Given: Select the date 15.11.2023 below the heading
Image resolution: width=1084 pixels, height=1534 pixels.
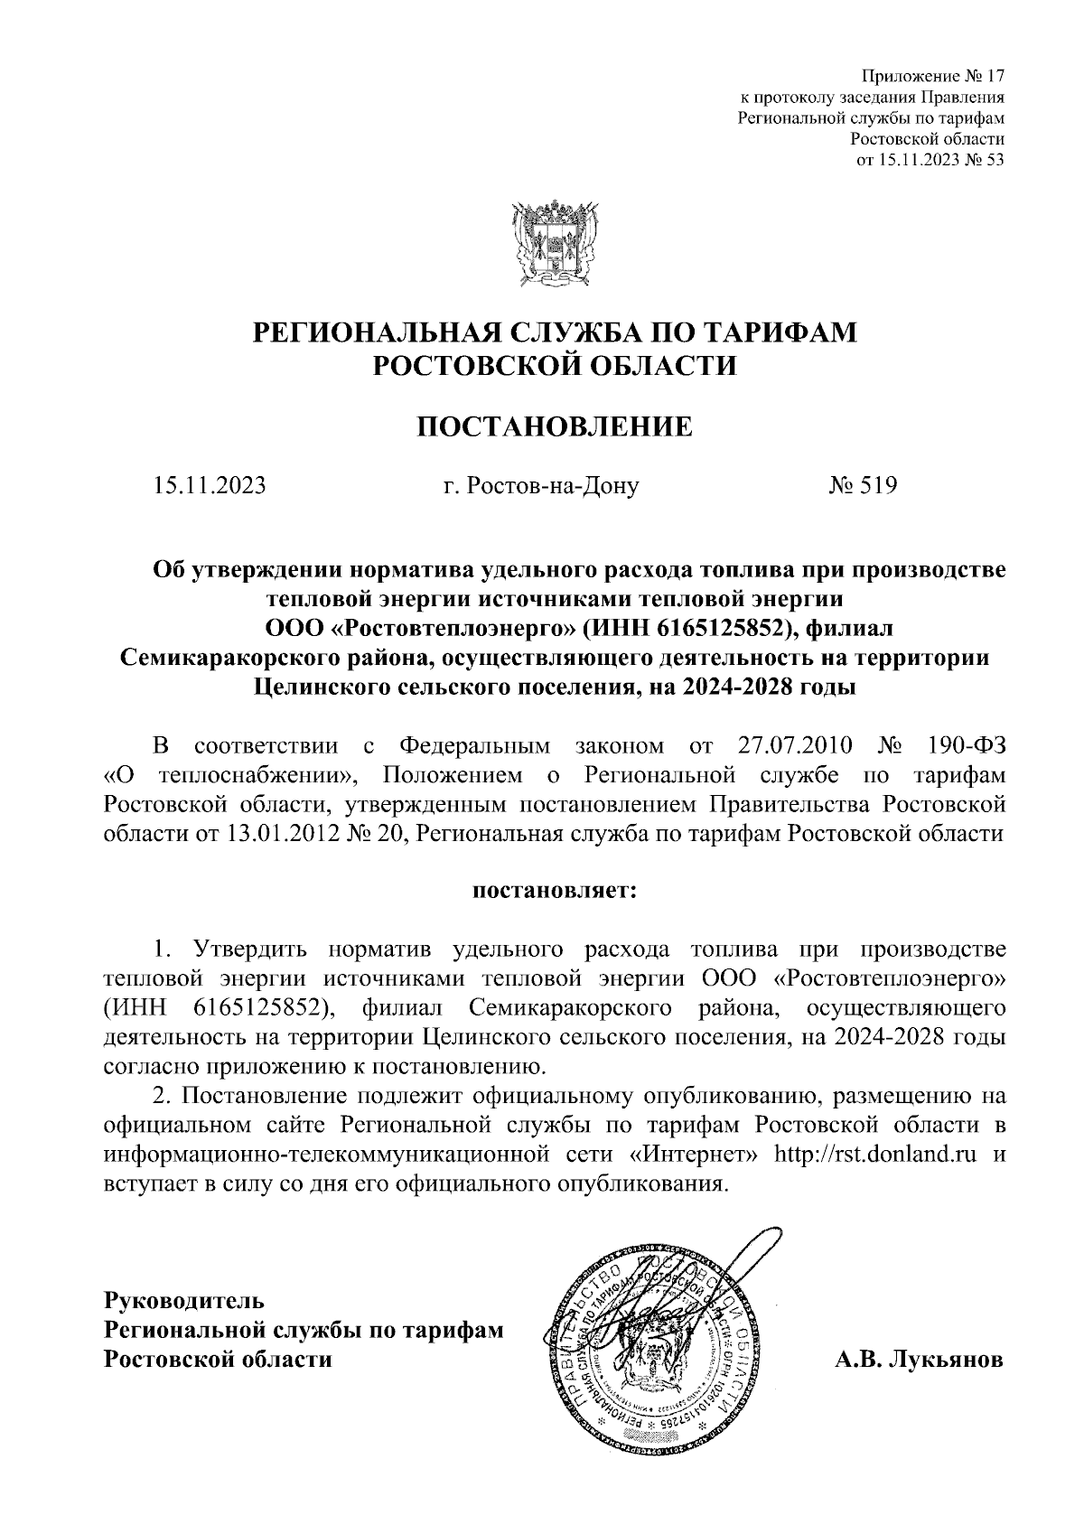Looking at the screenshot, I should click(210, 486).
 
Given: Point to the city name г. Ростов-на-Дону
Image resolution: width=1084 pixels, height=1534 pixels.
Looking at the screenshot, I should click(542, 486).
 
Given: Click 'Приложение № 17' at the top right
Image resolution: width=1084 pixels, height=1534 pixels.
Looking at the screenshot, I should click(934, 75).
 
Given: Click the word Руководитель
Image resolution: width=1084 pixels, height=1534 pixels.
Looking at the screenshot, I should click(184, 1301).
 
